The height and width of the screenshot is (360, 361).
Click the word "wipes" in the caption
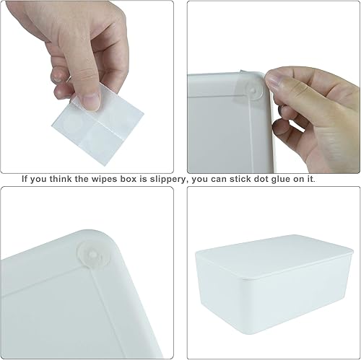pyautogui.click(x=100, y=179)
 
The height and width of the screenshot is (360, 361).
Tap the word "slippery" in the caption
pyautogui.click(x=160, y=179)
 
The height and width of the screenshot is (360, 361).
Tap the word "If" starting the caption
pyautogui.click(x=25, y=179)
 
